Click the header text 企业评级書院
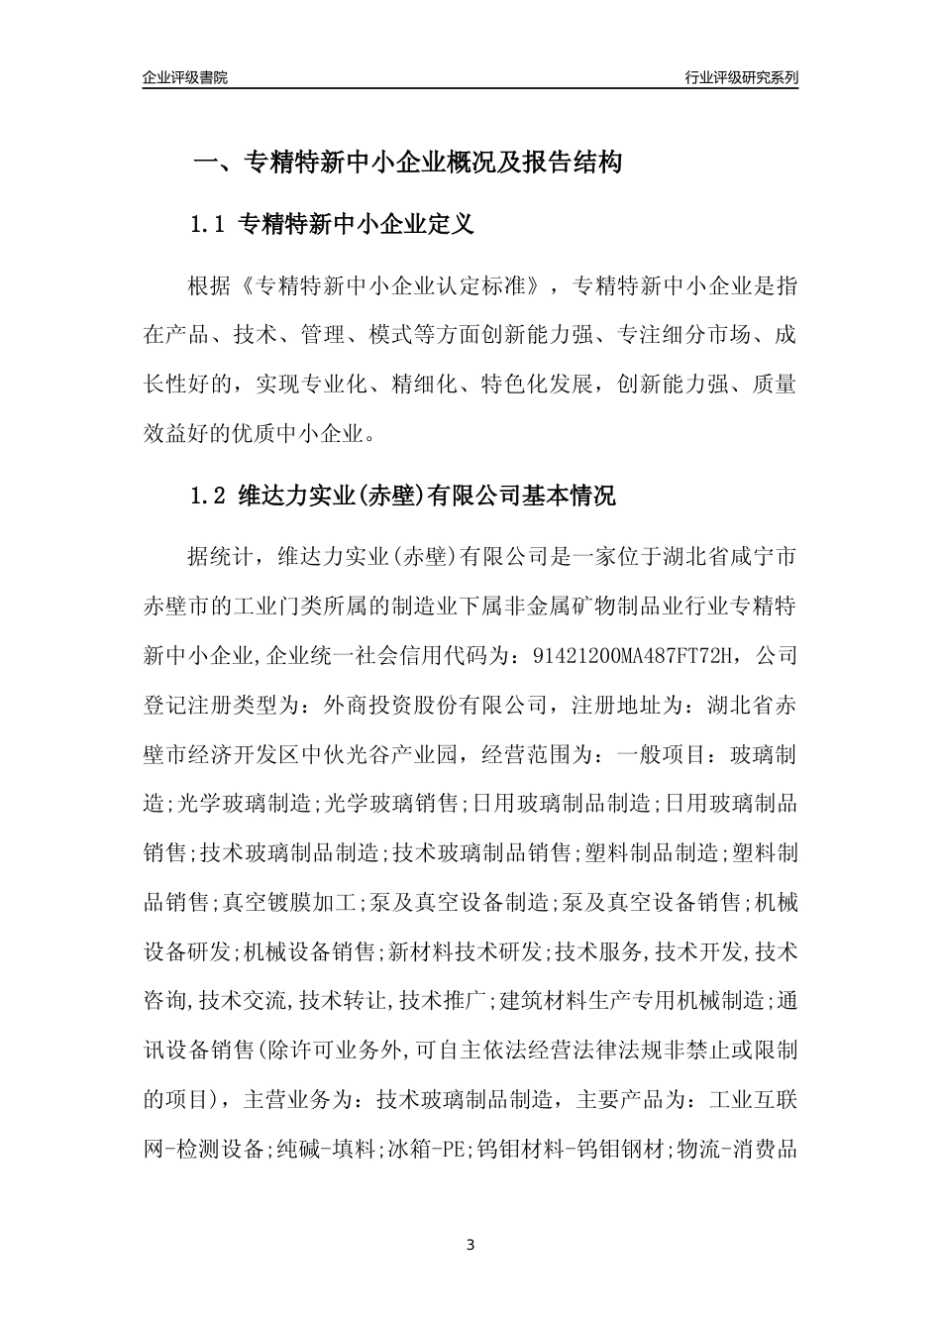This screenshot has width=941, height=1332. pos(185,77)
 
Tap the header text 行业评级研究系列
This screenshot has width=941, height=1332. pos(741,77)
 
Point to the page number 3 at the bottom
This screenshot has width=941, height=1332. pos(470,1245)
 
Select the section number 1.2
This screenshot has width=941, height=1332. pos(209,496)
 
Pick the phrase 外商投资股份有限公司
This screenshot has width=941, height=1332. pos(435,706)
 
